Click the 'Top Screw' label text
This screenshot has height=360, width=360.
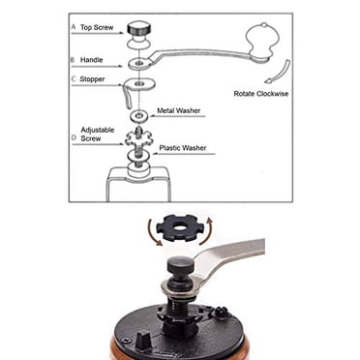tap(97, 27)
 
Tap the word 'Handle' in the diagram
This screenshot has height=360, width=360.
tap(91, 60)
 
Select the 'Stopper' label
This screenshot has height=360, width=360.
tap(92, 79)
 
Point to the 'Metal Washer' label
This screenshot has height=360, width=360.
tap(179, 110)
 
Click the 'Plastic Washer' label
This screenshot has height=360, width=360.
tap(183, 148)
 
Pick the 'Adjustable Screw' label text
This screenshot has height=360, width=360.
tap(98, 135)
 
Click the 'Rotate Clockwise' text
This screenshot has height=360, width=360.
tap(261, 94)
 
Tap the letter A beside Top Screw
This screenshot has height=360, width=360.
tap(74, 27)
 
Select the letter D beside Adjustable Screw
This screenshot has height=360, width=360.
tap(74, 137)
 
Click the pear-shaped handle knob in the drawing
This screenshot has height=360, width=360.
tap(262, 41)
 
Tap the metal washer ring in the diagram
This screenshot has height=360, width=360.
tap(138, 115)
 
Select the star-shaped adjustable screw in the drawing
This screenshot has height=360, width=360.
tap(138, 138)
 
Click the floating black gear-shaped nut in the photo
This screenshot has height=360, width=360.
tap(177, 228)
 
